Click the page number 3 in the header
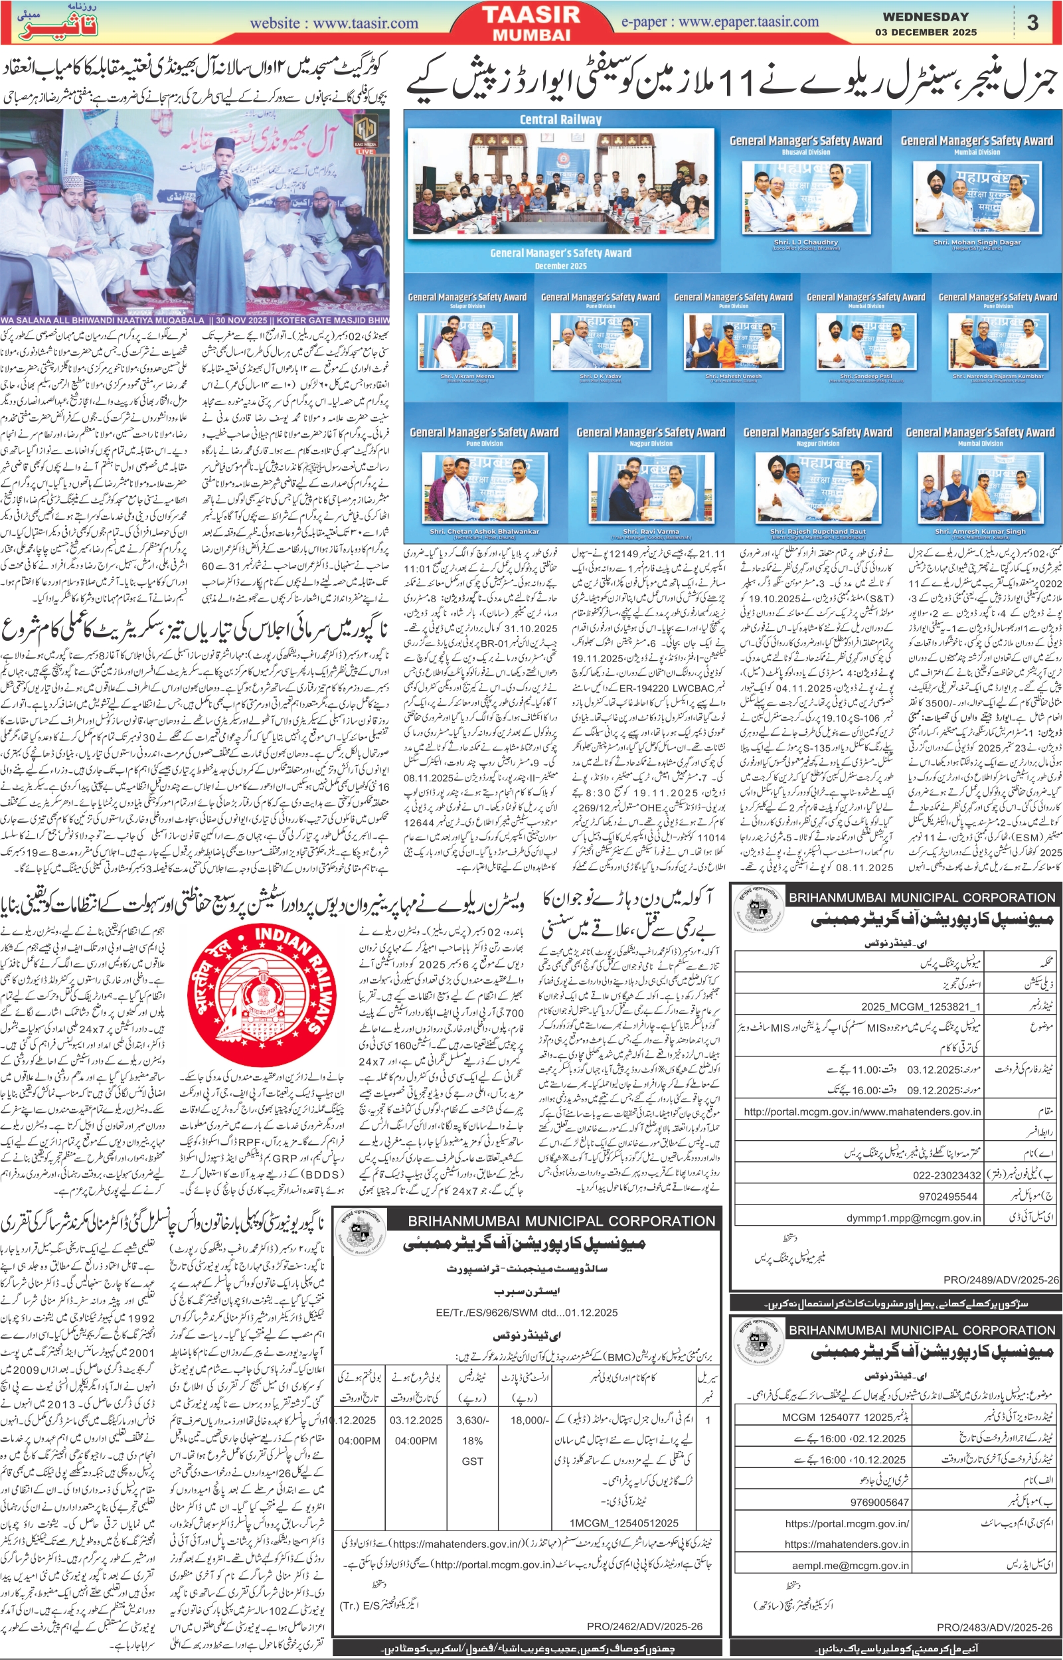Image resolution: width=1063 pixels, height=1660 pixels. click(x=1032, y=23)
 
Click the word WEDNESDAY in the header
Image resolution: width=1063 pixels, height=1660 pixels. click(x=925, y=17)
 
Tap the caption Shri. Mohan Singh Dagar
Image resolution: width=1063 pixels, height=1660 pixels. click(x=976, y=243)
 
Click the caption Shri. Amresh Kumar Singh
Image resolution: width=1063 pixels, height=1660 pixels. click(x=980, y=531)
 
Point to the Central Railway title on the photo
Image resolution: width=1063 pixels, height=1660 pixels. click(x=560, y=120)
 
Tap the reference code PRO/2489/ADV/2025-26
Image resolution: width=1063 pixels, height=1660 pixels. click(x=1000, y=1280)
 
